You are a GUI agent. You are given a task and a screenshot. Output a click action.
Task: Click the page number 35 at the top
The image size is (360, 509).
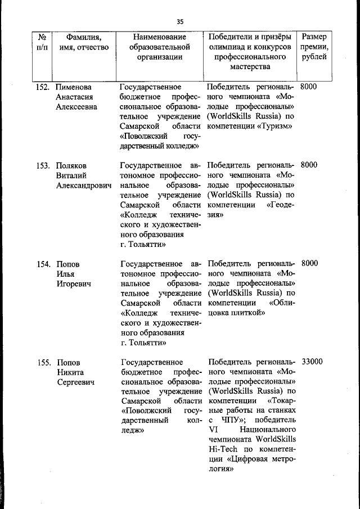pos(180,22)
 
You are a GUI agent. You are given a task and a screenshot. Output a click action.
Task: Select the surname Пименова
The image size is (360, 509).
pos(74,87)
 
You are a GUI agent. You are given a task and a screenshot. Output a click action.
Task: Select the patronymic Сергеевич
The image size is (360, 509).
pos(75,382)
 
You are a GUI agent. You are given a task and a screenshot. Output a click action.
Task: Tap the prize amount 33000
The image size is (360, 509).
pos(312,362)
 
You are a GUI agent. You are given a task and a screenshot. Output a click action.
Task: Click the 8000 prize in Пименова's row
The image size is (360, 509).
pos(309,87)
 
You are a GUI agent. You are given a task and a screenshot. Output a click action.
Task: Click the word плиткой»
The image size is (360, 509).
pos(245,313)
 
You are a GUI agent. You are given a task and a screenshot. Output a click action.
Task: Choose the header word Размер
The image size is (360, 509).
pos(313,37)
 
